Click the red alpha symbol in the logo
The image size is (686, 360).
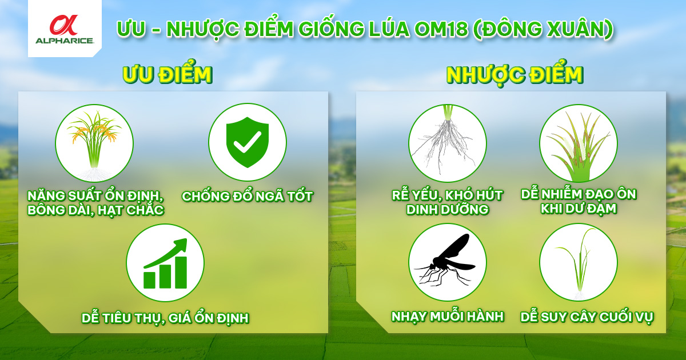point(64,25)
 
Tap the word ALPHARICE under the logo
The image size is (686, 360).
point(64,41)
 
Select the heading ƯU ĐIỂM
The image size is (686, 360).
point(167,75)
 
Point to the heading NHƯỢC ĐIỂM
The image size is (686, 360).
point(514,75)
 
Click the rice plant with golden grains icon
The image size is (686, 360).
point(94,143)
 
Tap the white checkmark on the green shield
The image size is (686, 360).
point(247,142)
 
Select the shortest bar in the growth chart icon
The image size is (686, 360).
point(149,280)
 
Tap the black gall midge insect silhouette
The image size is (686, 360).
point(445,260)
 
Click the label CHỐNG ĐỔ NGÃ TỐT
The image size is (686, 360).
point(247,196)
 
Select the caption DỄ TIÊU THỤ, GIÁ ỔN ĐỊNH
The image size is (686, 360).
point(165,318)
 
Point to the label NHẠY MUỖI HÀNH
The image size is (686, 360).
point(448,317)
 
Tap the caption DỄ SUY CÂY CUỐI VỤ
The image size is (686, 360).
point(587,318)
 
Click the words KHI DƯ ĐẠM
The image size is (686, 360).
point(578,209)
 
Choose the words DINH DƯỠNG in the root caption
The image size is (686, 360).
point(448,209)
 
